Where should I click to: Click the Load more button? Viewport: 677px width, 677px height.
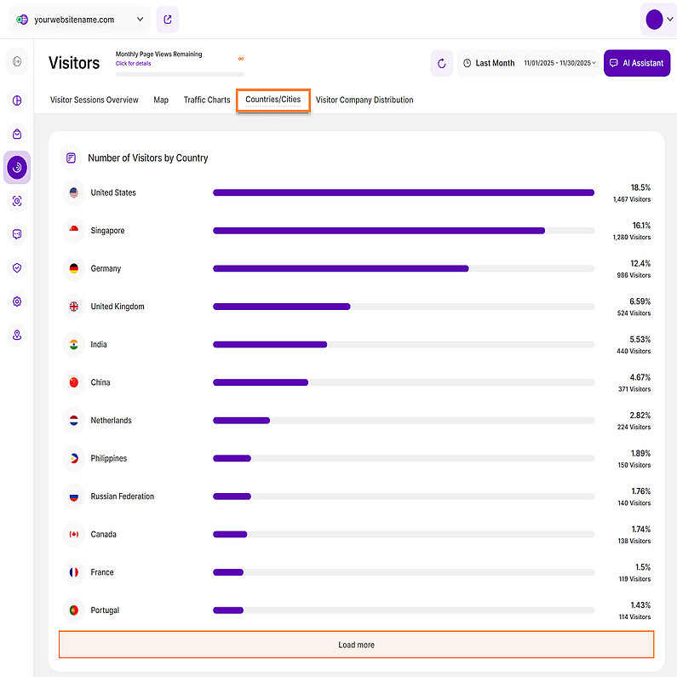(x=356, y=645)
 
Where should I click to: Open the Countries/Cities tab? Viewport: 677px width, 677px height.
(x=273, y=100)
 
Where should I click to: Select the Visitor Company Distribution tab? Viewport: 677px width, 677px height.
(x=364, y=100)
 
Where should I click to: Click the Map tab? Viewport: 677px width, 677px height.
(x=161, y=100)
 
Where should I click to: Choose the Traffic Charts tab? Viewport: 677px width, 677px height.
(x=207, y=100)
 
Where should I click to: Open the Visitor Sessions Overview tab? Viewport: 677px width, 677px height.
(x=95, y=100)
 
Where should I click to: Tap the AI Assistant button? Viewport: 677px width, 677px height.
(x=636, y=63)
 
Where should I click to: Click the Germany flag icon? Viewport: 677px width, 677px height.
(x=74, y=268)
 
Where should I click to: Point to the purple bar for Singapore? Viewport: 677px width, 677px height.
(x=378, y=231)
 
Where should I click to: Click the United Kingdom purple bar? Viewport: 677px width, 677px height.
(x=281, y=307)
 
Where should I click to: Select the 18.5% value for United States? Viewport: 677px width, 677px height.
(x=640, y=186)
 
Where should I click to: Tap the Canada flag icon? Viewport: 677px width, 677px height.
(x=74, y=535)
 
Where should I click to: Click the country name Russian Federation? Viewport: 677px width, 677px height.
(x=123, y=496)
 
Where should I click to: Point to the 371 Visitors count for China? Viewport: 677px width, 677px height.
(x=634, y=389)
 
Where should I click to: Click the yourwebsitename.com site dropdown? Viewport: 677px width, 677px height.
(x=81, y=20)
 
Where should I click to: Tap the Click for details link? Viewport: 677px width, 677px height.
(x=134, y=63)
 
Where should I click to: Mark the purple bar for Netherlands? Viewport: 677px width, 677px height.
(x=241, y=421)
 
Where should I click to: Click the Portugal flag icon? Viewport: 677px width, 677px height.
(x=74, y=611)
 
